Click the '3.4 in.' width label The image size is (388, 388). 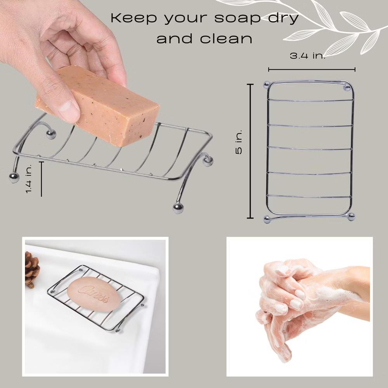pyautogui.click(x=307, y=55)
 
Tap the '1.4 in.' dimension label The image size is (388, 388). pyautogui.click(x=29, y=178)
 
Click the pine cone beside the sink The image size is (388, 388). pyautogui.click(x=32, y=270)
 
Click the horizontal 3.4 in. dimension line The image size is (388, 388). pyautogui.click(x=312, y=69)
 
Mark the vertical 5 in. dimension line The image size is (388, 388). pyautogui.click(x=250, y=151)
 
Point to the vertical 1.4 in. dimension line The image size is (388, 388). pyautogui.click(x=42, y=179)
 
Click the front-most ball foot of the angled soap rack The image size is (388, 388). pyautogui.click(x=178, y=208)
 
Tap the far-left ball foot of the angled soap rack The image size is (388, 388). pyautogui.click(x=14, y=178)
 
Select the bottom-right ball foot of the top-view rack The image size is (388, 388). pyautogui.click(x=351, y=217)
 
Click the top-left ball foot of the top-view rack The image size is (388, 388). pyautogui.click(x=267, y=85)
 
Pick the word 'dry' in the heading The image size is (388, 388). pyautogui.click(x=283, y=18)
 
